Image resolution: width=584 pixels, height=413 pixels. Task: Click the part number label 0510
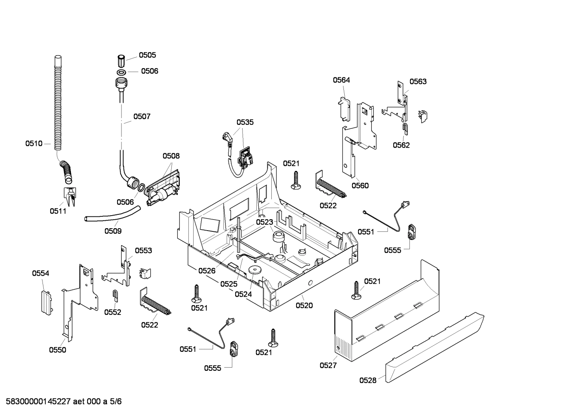34,143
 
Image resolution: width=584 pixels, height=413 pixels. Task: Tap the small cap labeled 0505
120,61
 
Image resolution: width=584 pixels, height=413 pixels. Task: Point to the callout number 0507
142,117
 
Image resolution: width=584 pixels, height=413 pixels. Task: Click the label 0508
171,156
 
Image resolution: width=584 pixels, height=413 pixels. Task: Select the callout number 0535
245,122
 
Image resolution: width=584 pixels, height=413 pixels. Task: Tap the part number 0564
341,80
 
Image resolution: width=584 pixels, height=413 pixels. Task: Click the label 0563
418,82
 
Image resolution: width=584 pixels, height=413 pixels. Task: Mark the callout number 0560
360,186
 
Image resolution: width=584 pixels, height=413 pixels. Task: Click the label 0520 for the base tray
304,306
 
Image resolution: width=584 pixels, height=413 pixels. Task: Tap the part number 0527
328,365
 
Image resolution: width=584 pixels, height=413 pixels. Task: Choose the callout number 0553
143,251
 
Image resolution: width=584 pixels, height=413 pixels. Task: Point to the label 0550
58,350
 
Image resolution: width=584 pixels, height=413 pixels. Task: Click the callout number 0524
243,294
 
